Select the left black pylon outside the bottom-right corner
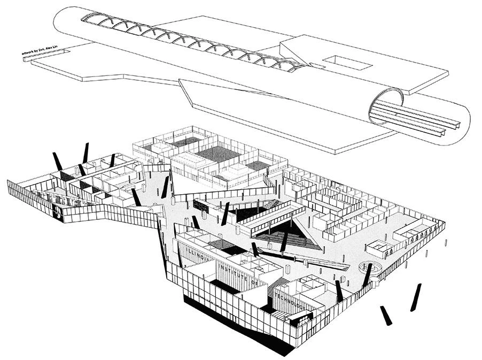[385, 316]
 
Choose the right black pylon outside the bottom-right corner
[416, 297]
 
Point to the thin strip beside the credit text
[44, 55]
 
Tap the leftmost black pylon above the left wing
[56, 160]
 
